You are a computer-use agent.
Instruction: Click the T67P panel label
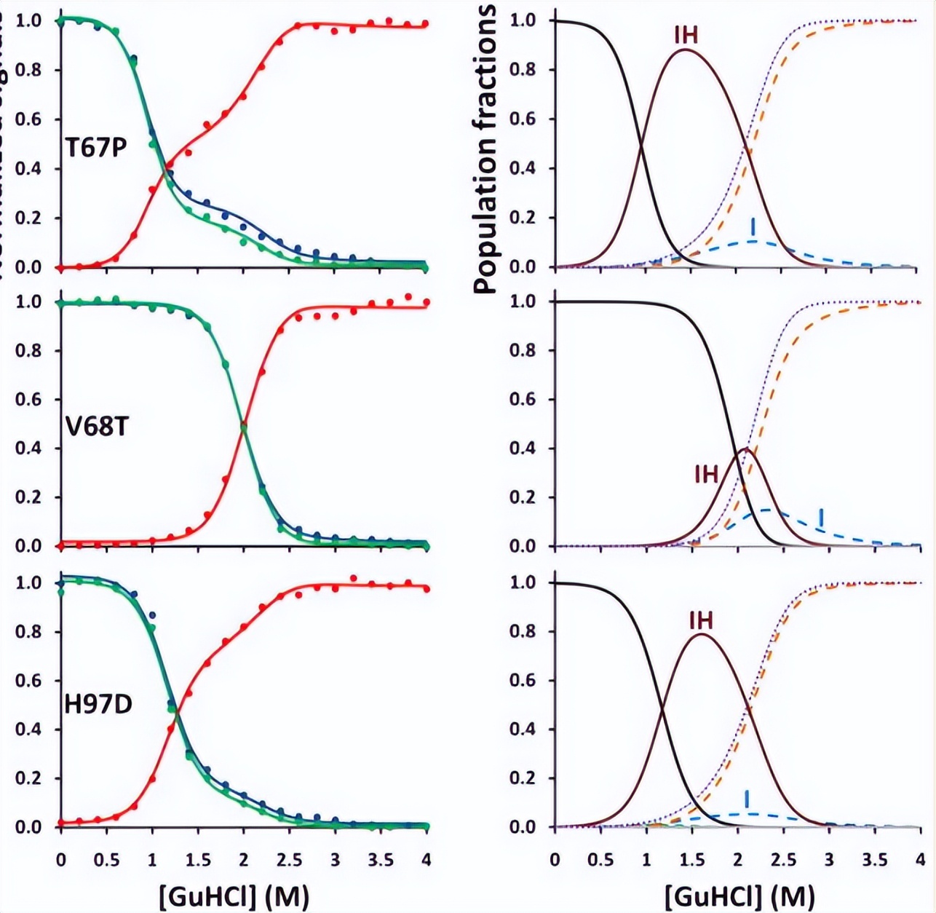97,148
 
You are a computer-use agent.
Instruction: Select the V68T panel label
97,426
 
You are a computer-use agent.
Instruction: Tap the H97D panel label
99,705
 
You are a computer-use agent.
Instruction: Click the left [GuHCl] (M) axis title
234,896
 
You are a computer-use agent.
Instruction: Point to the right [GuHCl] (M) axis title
739,896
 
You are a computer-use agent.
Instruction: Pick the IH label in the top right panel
686,34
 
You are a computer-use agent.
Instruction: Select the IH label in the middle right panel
706,475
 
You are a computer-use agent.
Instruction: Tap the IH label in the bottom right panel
701,620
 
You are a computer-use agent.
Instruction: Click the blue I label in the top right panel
754,225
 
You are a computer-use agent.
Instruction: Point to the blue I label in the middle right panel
821,517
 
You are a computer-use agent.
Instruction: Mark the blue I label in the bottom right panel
747,799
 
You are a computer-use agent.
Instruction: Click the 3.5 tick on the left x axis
380,861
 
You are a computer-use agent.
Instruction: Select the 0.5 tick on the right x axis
600,861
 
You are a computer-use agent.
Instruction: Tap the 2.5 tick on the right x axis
783,861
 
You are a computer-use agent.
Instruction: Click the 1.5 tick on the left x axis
197,861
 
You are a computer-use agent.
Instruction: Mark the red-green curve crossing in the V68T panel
243,426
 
